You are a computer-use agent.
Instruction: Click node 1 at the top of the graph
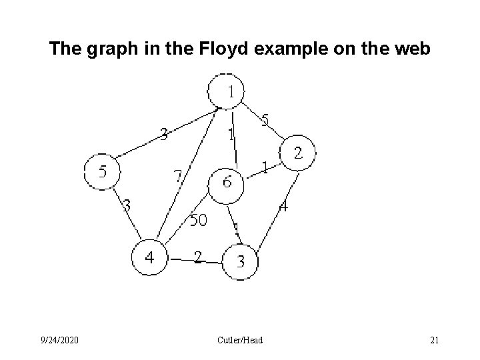pos(226,92)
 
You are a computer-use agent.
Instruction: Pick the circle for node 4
pos(150,257)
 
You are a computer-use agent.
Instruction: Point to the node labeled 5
pos(102,171)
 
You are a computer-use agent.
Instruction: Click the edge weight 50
pos(199,220)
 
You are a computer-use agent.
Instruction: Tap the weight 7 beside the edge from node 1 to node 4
pos(177,177)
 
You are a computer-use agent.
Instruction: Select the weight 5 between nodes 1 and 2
pos(265,121)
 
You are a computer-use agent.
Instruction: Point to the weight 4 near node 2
pos(283,207)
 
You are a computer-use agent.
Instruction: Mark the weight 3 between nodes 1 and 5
pos(163,135)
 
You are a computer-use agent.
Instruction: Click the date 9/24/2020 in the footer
pos(59,341)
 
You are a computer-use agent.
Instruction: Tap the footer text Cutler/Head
pos(240,341)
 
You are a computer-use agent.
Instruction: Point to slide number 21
pos(434,341)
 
